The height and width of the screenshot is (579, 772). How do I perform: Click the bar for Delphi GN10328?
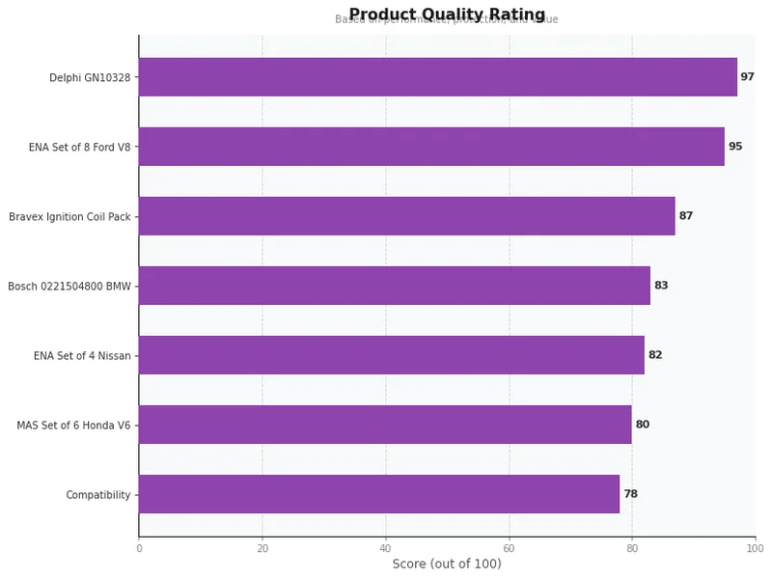click(x=437, y=77)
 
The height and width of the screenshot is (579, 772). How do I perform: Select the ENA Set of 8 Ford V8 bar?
click(x=431, y=147)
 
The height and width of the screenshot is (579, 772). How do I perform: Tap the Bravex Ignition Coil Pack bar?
click(x=406, y=216)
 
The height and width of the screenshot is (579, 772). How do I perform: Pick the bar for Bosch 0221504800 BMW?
click(x=394, y=286)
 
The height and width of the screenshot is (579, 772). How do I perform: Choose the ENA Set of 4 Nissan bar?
click(x=391, y=355)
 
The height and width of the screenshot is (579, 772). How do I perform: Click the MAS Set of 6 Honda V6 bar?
click(x=385, y=425)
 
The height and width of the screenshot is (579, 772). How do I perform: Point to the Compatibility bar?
click(x=378, y=494)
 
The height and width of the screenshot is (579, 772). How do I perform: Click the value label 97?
click(x=747, y=77)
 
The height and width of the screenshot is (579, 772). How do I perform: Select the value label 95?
click(x=735, y=147)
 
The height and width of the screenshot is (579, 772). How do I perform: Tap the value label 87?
click(x=685, y=216)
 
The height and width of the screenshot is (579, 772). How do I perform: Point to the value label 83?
click(x=661, y=286)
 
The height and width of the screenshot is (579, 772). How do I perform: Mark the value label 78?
click(x=630, y=494)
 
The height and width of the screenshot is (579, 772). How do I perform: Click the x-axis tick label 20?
click(x=262, y=548)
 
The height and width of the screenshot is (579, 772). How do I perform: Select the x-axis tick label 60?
click(x=509, y=548)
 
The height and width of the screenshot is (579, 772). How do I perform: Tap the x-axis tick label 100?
click(x=755, y=548)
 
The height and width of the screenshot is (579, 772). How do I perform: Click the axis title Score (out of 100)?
click(x=447, y=564)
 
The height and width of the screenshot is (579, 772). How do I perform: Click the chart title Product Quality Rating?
click(x=447, y=14)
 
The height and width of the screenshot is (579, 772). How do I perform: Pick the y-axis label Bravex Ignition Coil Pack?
click(x=69, y=217)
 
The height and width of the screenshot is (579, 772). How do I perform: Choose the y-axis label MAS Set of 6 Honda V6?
click(x=73, y=426)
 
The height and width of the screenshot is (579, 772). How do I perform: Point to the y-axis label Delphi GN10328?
click(x=90, y=78)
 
